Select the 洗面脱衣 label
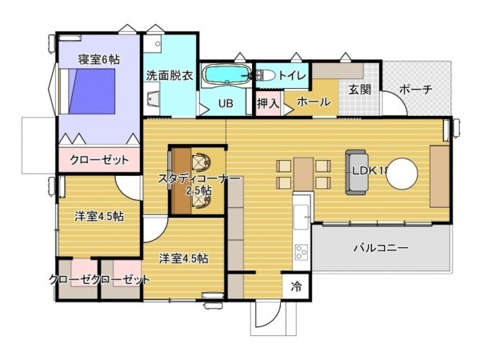tap(170, 77)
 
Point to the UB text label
tap(226, 103)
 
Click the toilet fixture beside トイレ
tap(266, 75)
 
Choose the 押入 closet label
tap(268, 103)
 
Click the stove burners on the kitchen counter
tap(302, 253)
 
